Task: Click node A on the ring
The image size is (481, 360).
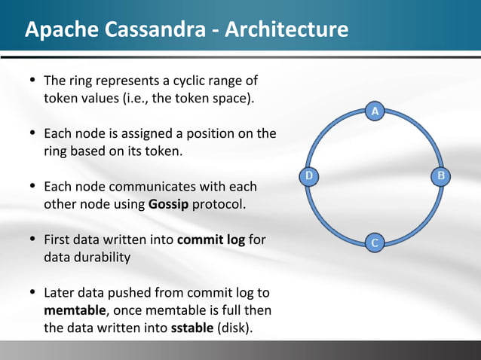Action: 375,111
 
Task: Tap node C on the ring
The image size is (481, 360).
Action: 375,242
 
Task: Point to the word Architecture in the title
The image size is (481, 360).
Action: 286,30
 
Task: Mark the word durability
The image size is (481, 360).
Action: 103,257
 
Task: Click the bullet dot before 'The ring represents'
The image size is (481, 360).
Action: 31,81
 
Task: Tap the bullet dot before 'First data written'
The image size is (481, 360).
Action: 31,239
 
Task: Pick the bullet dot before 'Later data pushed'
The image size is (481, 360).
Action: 31,292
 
